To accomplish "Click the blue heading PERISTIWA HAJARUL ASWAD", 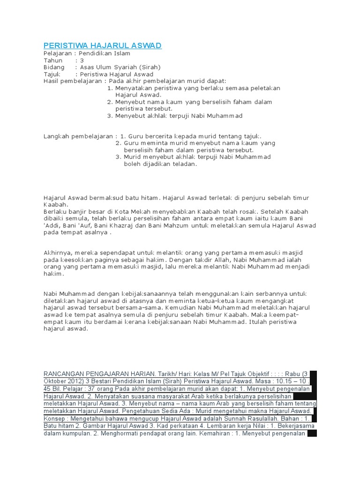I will pos(102,45).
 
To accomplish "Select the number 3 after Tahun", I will pos(82,60).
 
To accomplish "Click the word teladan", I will pos(183,164).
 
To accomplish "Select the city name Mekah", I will pos(147,211).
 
